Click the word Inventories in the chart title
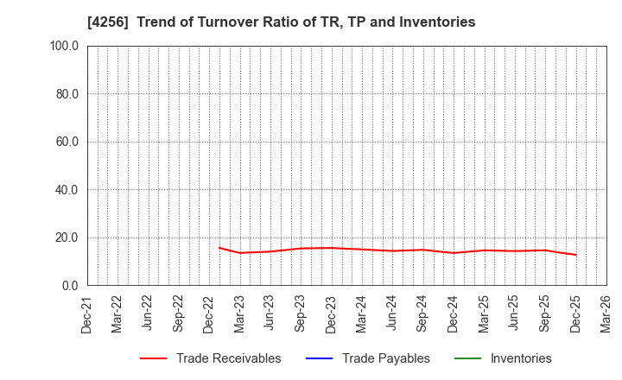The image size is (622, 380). click(x=436, y=22)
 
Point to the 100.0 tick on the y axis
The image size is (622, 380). click(x=65, y=46)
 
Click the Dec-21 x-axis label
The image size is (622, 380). click(x=87, y=314)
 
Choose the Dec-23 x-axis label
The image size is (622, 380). click(x=331, y=314)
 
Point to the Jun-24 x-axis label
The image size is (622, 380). click(x=392, y=314)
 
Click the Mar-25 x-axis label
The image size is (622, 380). click(x=484, y=314)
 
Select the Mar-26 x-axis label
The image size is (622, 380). click(x=606, y=314)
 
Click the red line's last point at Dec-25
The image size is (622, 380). click(x=575, y=255)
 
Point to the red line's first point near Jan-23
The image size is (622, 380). click(x=219, y=248)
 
